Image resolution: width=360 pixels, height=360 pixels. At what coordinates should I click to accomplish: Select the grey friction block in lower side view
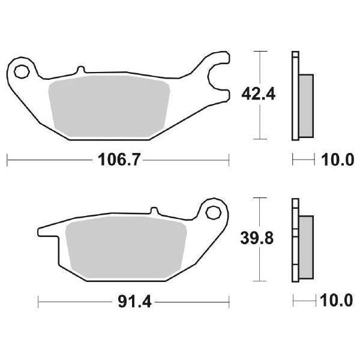pyautogui.click(x=305, y=247)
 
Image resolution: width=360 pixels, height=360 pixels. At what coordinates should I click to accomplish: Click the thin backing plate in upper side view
pyautogui.click(x=295, y=96)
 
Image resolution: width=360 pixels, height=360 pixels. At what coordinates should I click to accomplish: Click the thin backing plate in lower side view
pyautogui.click(x=295, y=240)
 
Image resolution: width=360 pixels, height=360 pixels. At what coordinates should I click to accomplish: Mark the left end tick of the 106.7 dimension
pyautogui.click(x=7, y=160)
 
